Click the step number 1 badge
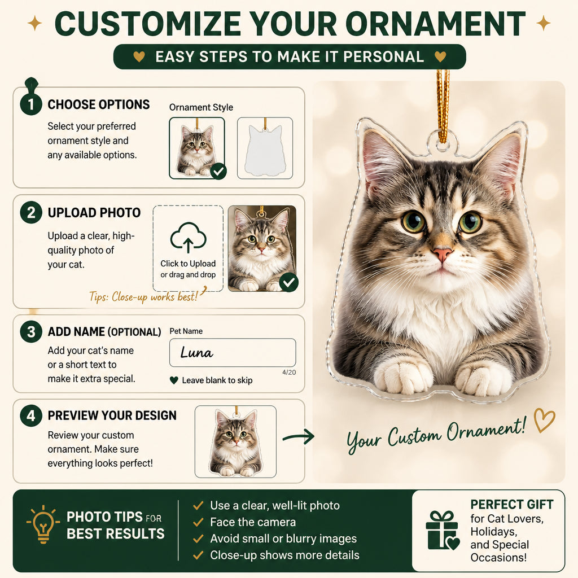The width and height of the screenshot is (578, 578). (x=31, y=104)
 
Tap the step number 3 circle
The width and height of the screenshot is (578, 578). (x=31, y=332)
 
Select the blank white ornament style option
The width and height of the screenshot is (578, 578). (x=265, y=148)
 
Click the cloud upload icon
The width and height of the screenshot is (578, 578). (x=189, y=238)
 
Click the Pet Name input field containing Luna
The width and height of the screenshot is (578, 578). (x=233, y=352)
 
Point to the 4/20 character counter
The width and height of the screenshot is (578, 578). (x=289, y=373)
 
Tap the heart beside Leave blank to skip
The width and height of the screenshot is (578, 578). (x=174, y=380)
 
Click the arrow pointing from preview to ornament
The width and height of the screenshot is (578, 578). (x=299, y=437)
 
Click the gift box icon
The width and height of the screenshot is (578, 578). (x=443, y=531)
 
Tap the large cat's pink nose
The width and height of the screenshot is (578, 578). (x=443, y=254)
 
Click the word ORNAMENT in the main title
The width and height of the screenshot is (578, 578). (x=436, y=24)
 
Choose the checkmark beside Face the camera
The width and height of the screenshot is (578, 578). (x=198, y=522)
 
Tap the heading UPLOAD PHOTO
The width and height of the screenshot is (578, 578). (x=94, y=213)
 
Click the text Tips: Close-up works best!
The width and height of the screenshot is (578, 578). (x=144, y=296)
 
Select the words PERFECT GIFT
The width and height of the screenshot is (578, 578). (x=511, y=504)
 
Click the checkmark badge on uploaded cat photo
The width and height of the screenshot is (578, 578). (x=288, y=283)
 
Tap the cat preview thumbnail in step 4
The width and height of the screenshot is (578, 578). (x=235, y=441)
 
